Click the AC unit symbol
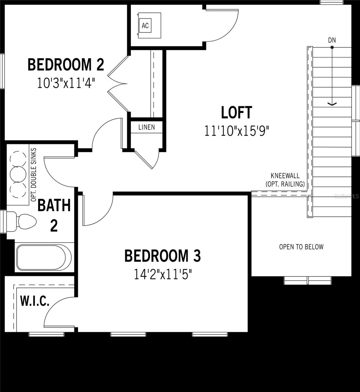(x=145, y=25)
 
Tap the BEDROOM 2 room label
(x=66, y=64)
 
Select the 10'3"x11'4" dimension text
(x=66, y=83)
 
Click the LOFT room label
(x=236, y=112)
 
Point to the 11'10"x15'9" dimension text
(x=236, y=131)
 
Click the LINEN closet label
(x=146, y=127)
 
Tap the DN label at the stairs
(x=332, y=41)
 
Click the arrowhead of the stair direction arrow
(x=332, y=104)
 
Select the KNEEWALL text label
(x=285, y=176)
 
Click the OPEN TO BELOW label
(x=301, y=247)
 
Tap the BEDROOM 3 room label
(x=163, y=256)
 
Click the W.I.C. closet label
(x=35, y=301)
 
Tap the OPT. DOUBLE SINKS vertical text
(x=33, y=175)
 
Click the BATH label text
(x=54, y=206)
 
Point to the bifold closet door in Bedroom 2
(x=117, y=84)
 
